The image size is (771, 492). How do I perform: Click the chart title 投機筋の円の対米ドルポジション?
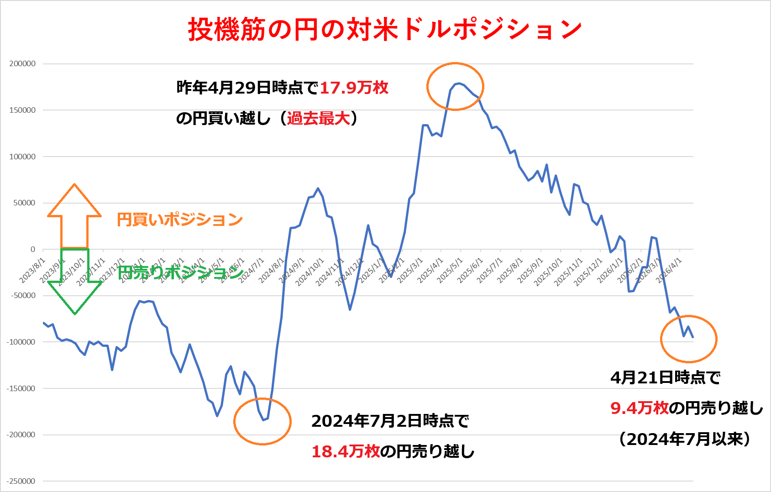pyautogui.click(x=385, y=29)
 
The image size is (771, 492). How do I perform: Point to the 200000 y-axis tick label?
pyautogui.click(x=22, y=64)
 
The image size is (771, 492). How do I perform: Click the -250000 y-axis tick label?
pyautogui.click(x=21, y=481)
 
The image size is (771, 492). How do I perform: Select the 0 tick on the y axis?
pyautogui.click(x=32, y=249)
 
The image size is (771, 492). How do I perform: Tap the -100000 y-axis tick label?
pyautogui.click(x=21, y=342)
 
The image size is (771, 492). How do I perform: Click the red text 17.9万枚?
pyautogui.click(x=354, y=88)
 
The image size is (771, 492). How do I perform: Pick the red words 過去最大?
pyautogui.click(x=318, y=119)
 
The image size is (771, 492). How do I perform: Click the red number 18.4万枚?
pyautogui.click(x=345, y=451)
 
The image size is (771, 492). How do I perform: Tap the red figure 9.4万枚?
pyautogui.click(x=639, y=408)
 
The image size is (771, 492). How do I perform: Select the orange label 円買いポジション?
pyautogui.click(x=179, y=220)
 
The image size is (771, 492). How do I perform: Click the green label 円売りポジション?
pyautogui.click(x=180, y=273)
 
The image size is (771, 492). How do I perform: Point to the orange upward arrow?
pyautogui.click(x=74, y=215)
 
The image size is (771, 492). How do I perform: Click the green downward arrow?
pyautogui.click(x=74, y=283)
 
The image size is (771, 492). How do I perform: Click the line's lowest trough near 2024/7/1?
pyautogui.click(x=263, y=420)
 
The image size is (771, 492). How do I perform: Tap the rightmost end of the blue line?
pyautogui.click(x=693, y=337)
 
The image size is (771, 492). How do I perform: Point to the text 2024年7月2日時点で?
pyautogui.click(x=390, y=421)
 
